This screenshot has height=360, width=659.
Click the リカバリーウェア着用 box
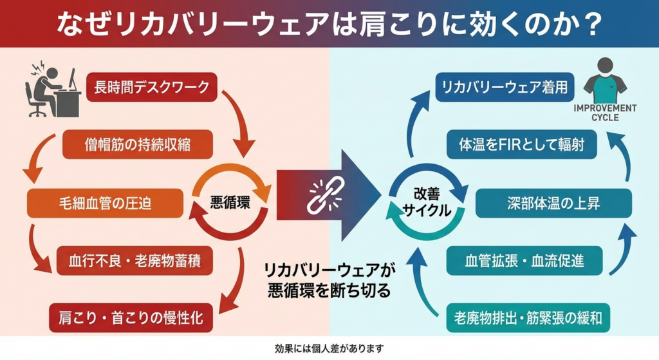(505, 88)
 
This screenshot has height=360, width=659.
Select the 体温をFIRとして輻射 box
(522, 145)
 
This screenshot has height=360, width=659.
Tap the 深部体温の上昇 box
(553, 204)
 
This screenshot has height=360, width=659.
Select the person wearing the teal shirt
(604, 81)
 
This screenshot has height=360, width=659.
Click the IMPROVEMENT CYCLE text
(604, 113)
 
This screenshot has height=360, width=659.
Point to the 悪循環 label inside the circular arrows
(230, 202)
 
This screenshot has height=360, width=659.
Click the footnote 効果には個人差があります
(329, 349)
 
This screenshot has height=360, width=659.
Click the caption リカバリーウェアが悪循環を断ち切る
(329, 280)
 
